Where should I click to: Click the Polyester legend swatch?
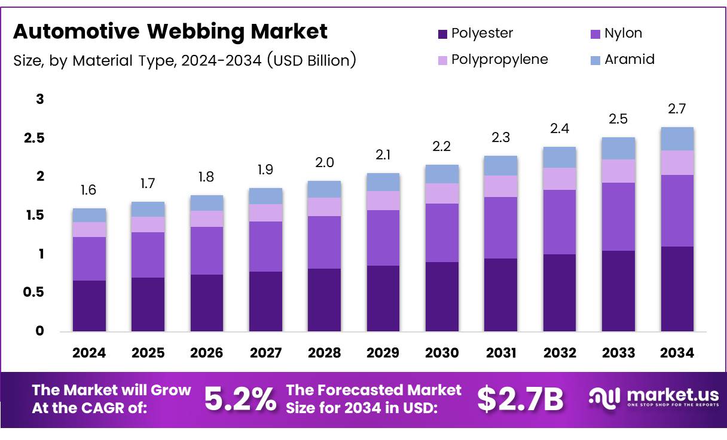(x=443, y=34)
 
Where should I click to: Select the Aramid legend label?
(x=629, y=59)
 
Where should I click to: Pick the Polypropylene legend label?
(x=499, y=59)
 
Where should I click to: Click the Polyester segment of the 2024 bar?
(x=89, y=306)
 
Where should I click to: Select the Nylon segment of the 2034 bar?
(x=677, y=210)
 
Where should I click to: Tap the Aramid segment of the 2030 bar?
(x=442, y=174)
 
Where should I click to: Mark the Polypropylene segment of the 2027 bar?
(x=265, y=213)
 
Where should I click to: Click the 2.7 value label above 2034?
(x=677, y=109)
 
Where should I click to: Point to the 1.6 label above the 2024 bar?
(x=89, y=190)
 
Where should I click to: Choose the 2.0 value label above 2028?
(x=325, y=162)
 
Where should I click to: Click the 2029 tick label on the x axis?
(x=383, y=353)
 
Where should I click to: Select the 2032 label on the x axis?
(x=560, y=353)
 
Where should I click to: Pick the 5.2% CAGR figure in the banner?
(x=240, y=399)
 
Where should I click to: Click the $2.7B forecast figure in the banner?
(x=520, y=399)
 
